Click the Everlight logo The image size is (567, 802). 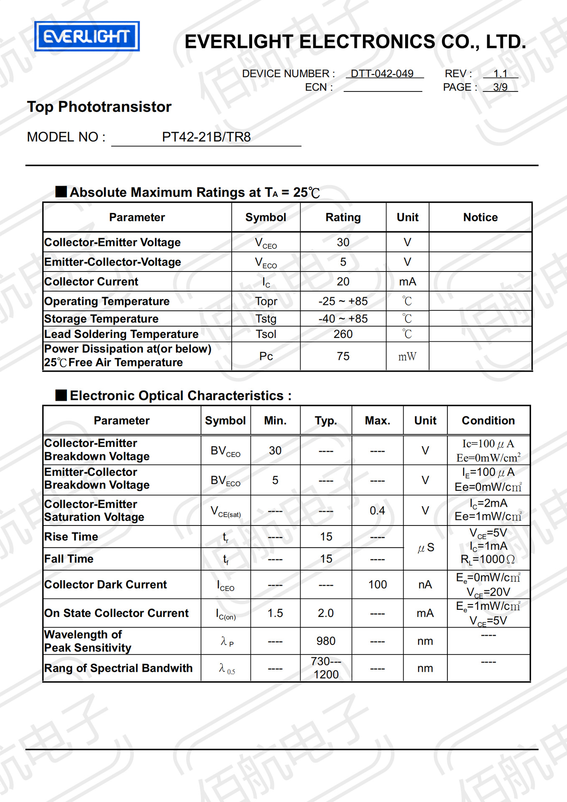point(87,36)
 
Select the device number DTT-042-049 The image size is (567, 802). point(382,74)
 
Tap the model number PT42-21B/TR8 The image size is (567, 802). point(206,137)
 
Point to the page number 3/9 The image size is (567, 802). point(500,87)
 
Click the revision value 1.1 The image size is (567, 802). point(500,74)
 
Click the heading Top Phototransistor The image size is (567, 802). point(100,107)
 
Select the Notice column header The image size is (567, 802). point(480,217)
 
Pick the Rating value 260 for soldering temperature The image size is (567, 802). point(343,334)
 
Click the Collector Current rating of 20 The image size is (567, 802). point(343,282)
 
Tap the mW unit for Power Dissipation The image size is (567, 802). point(407,356)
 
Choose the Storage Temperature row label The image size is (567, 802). point(102,319)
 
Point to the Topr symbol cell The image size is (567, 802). point(266,301)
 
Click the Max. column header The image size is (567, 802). point(377,421)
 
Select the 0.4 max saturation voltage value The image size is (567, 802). point(377,510)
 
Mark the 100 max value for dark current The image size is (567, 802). point(377,584)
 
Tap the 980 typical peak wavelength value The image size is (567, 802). point(326,641)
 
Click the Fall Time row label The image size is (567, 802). point(69,559)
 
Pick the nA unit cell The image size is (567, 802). point(425,584)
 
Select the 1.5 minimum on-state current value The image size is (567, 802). point(275,613)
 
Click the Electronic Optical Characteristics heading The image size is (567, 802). point(180,396)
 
